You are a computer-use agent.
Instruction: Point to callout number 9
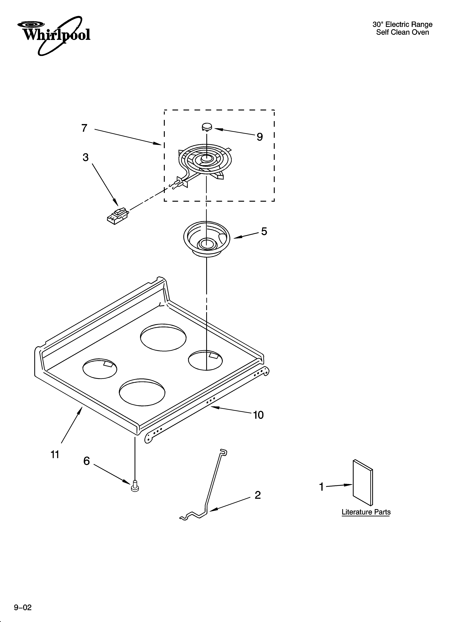(x=260, y=137)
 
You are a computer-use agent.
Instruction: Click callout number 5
(x=264, y=231)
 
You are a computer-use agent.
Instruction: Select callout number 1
(x=322, y=487)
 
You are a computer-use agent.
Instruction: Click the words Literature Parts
(x=366, y=512)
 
